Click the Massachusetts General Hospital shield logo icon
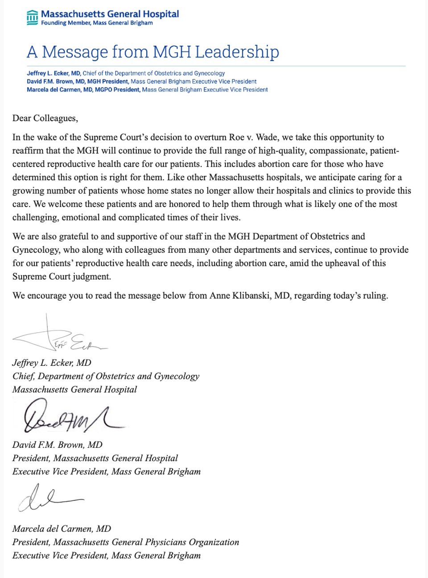[x=32, y=17]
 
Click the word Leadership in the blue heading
[x=237, y=52]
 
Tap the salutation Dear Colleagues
[x=45, y=118]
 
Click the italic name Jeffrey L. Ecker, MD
[x=52, y=363]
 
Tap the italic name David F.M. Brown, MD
[x=58, y=445]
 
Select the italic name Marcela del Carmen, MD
[x=62, y=528]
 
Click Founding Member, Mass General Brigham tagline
[x=97, y=23]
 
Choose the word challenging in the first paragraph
[x=35, y=218]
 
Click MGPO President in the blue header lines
[x=117, y=90]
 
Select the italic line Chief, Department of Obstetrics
[x=106, y=376]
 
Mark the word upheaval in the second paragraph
[x=333, y=263]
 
